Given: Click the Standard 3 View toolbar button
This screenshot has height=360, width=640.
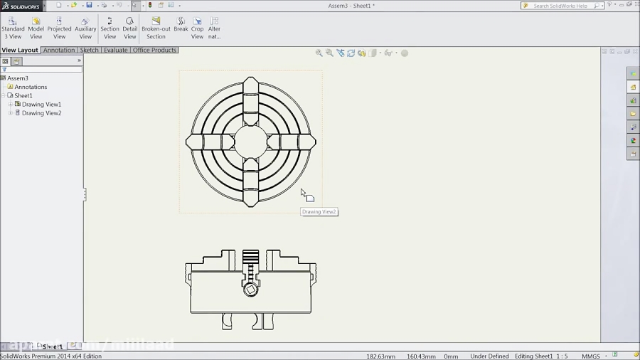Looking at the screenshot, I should [13, 28].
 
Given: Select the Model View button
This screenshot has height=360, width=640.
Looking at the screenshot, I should [36, 28].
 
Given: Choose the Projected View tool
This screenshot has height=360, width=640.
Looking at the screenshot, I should [59, 28].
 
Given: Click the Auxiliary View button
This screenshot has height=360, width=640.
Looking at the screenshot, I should [85, 28].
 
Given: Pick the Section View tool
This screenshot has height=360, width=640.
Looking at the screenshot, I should [110, 28].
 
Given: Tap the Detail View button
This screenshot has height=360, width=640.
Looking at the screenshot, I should [129, 28].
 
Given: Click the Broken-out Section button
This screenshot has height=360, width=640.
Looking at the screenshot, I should [156, 28].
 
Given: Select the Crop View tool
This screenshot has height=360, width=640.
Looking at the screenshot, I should [197, 28].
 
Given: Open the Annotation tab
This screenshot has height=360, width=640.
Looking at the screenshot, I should [59, 51].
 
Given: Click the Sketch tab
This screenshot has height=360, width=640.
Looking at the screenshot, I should [90, 51].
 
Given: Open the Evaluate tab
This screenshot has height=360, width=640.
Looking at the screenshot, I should [116, 51].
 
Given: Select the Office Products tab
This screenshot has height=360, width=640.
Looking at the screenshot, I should [154, 51].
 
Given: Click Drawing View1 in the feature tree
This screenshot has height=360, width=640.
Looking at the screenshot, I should [41, 105].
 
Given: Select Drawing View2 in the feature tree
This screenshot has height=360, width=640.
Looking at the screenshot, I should [41, 113].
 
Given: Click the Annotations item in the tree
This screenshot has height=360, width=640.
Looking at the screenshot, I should [31, 87].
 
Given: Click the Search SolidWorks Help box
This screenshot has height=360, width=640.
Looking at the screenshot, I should [562, 6].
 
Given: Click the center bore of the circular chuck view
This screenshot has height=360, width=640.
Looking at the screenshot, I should [250, 142].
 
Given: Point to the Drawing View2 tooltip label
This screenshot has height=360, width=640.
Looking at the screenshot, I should [319, 212].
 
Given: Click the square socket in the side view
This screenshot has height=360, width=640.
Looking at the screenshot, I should [250, 290].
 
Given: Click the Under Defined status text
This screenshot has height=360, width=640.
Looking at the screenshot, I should [489, 356].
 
